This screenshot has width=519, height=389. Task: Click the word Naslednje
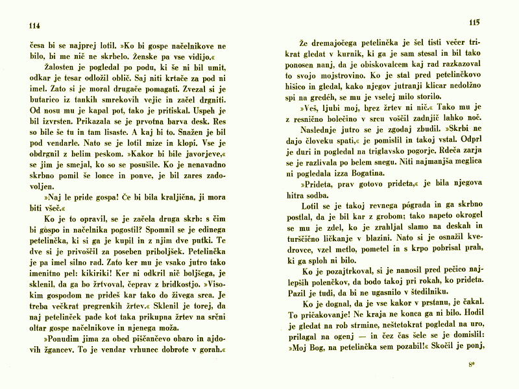click(x=319, y=133)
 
